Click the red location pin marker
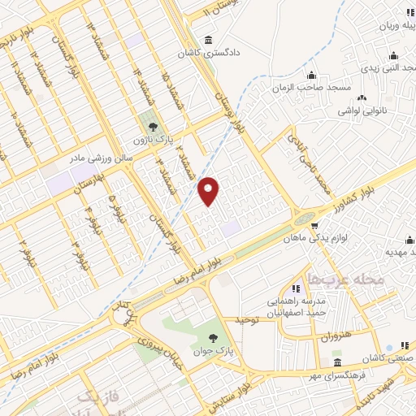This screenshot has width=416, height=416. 210,191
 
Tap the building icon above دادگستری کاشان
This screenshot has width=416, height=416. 210,40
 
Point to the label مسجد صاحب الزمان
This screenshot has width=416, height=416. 299,86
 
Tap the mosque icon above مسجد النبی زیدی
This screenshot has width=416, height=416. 393,55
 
